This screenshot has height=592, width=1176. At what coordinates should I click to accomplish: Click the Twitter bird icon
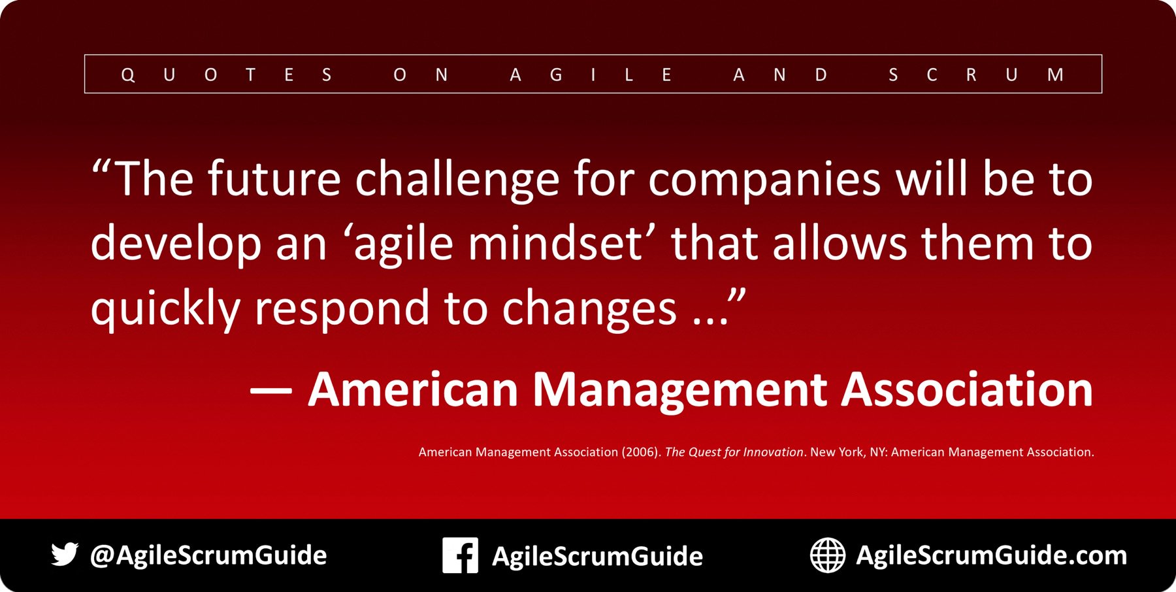(65, 554)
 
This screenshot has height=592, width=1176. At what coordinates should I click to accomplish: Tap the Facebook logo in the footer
(460, 555)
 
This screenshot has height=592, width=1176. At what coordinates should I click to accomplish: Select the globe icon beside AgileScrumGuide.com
(828, 555)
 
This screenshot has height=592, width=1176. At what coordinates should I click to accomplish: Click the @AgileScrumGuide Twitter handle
(208, 555)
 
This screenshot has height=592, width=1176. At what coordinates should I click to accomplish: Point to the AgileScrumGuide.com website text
(991, 555)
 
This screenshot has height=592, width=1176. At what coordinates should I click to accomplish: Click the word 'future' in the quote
(274, 179)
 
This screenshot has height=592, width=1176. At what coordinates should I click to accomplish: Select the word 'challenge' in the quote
(457, 180)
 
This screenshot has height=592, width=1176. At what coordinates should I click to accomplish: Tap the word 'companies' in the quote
(764, 180)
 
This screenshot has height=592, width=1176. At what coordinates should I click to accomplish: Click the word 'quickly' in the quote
(165, 308)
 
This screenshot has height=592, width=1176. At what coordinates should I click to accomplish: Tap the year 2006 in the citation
(641, 452)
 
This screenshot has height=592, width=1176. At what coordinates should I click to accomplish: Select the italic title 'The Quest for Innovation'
(734, 452)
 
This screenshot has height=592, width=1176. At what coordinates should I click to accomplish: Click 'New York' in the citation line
(837, 452)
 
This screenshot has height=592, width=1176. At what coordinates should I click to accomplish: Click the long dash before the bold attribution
(270, 391)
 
